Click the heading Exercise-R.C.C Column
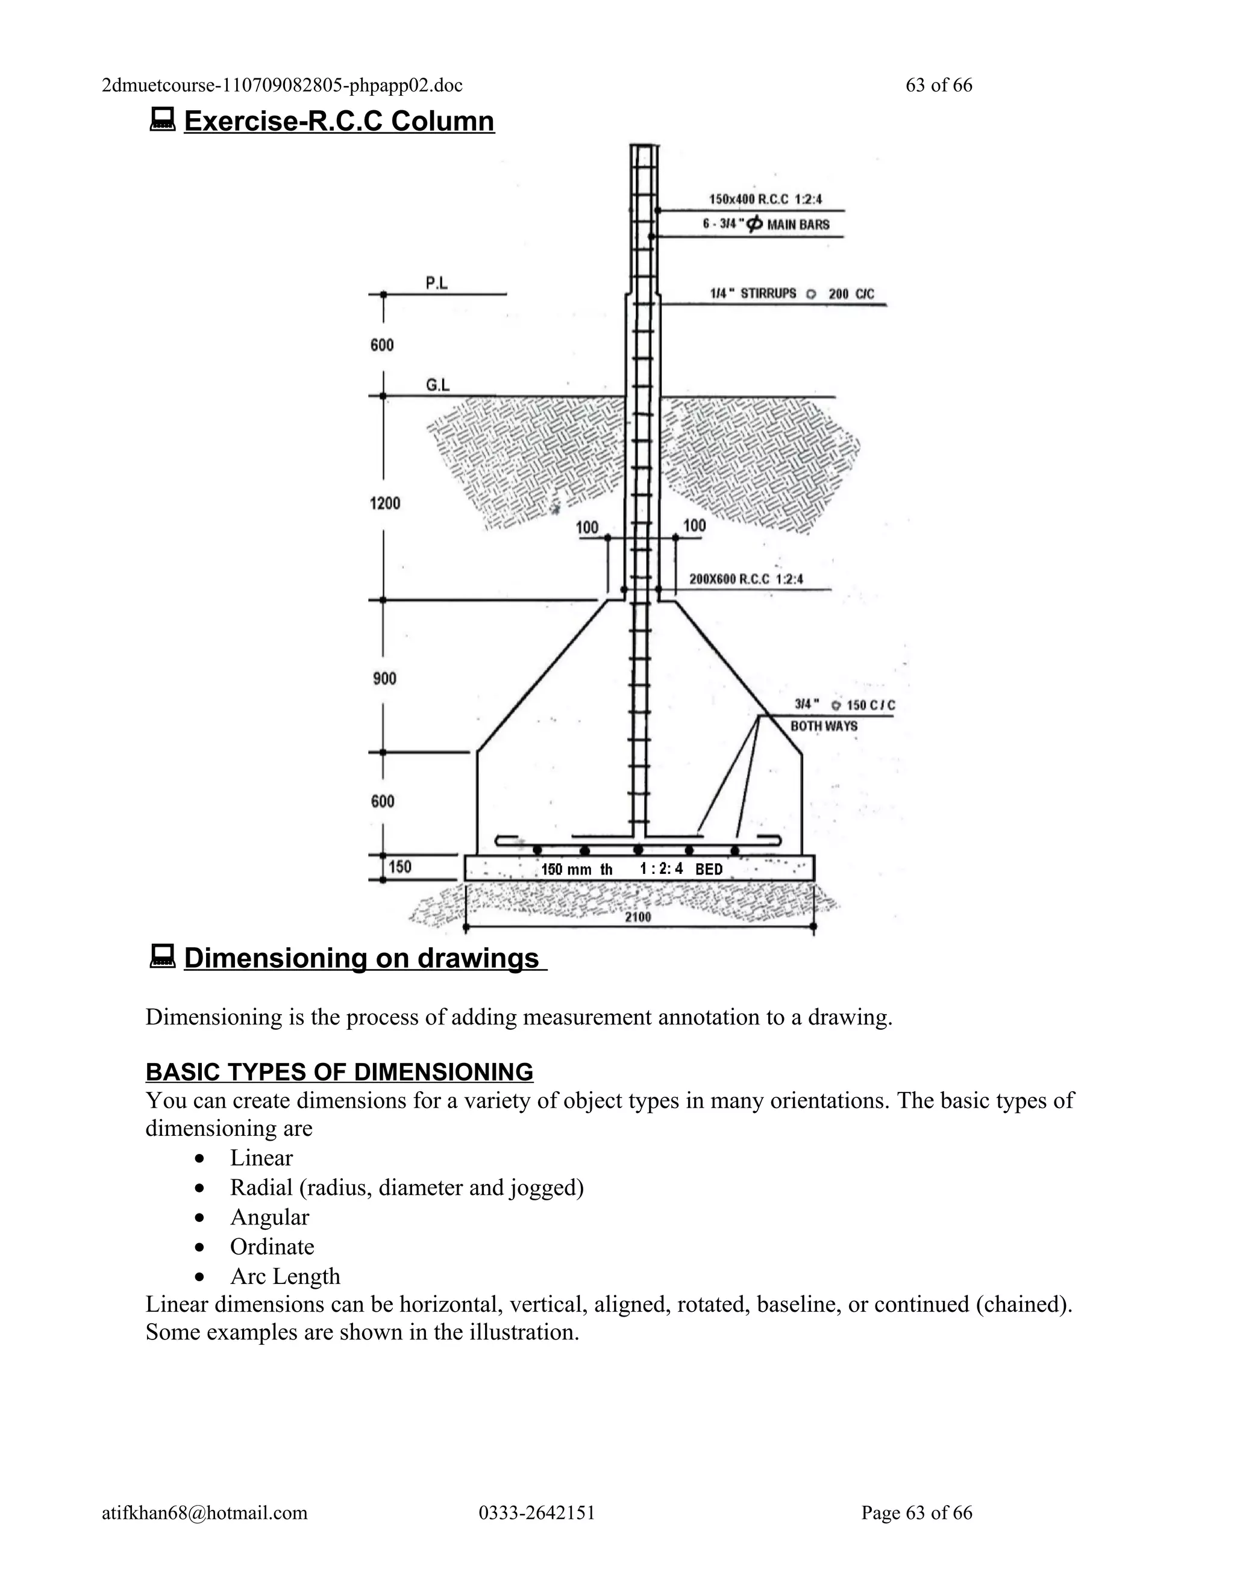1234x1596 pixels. [339, 121]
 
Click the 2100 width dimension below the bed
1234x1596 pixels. [637, 917]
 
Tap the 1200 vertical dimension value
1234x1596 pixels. [385, 503]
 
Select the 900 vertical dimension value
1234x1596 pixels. [384, 678]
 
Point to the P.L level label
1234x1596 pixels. [436, 283]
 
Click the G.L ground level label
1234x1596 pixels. [437, 385]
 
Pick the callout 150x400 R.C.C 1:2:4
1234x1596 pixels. [765, 199]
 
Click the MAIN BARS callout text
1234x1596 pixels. [798, 225]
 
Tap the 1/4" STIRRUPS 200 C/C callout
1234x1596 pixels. [792, 294]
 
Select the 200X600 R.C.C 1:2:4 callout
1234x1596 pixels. [747, 579]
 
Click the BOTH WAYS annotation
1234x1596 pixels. [824, 726]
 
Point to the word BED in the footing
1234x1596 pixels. [709, 869]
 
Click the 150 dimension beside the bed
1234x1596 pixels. [400, 867]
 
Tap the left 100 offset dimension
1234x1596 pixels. [587, 528]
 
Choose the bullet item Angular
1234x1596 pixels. [269, 1217]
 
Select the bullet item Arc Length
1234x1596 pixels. [285, 1276]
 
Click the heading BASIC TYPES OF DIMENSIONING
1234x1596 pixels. [339, 1072]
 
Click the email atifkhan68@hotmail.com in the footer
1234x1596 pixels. [205, 1512]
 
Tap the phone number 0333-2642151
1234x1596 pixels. [537, 1512]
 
